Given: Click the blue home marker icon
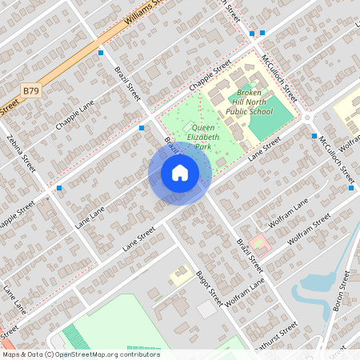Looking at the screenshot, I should [180, 173].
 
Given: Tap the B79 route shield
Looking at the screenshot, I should [31, 91].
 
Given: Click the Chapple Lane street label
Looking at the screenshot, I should [75, 114].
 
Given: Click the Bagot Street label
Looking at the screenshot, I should [210, 287].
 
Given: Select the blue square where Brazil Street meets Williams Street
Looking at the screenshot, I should [101, 53].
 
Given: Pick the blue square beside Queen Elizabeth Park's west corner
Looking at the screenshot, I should [142, 127].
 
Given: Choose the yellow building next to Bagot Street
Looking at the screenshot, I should [180, 276].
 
